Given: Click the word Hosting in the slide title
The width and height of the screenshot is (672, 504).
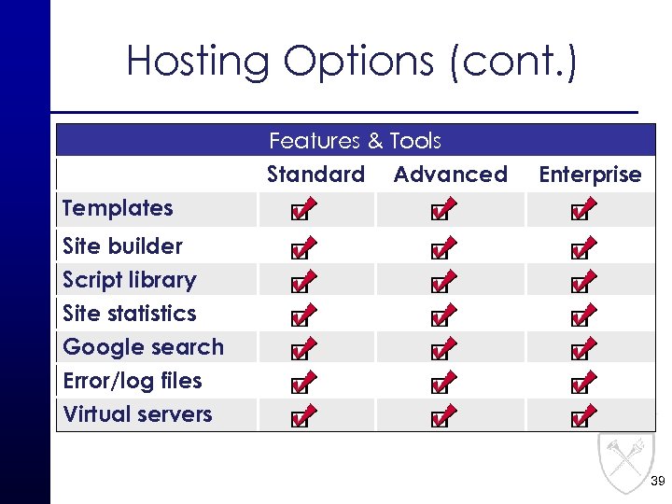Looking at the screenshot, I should [198, 63].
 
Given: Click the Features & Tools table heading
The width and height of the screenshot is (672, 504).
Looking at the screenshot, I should [355, 141].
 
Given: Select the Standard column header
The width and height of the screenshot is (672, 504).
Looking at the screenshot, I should [315, 175].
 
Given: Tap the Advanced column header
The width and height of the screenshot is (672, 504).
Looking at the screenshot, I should [451, 175].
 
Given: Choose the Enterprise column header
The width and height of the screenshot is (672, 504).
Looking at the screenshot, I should [590, 175].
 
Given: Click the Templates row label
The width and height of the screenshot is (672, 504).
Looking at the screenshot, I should [118, 208].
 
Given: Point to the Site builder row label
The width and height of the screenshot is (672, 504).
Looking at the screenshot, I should [122, 246].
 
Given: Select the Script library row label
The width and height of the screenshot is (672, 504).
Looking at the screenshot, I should [129, 280].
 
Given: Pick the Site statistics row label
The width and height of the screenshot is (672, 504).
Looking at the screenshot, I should [129, 314].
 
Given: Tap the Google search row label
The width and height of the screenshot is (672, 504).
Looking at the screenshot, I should [143, 347].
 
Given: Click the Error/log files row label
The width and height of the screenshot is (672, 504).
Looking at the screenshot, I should [132, 381].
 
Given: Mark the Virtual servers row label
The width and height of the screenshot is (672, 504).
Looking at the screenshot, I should [137, 414].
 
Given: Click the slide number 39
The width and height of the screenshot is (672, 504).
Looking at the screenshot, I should [657, 482].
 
